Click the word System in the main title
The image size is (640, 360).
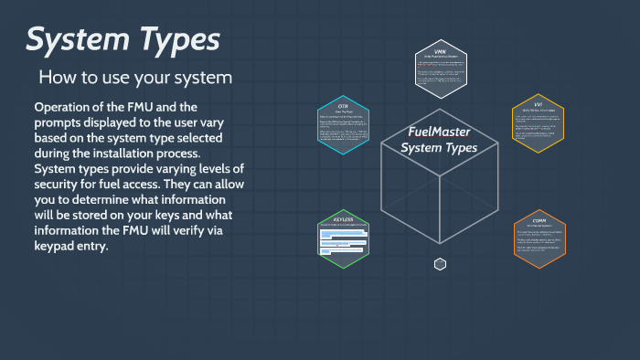click(x=81, y=41)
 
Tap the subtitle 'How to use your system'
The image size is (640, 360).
click(x=135, y=78)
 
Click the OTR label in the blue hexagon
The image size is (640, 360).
click(x=343, y=105)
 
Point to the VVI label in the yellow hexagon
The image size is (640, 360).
click(x=538, y=105)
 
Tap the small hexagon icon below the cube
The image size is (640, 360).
click(x=440, y=264)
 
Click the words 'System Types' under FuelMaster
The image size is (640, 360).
click(x=439, y=148)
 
